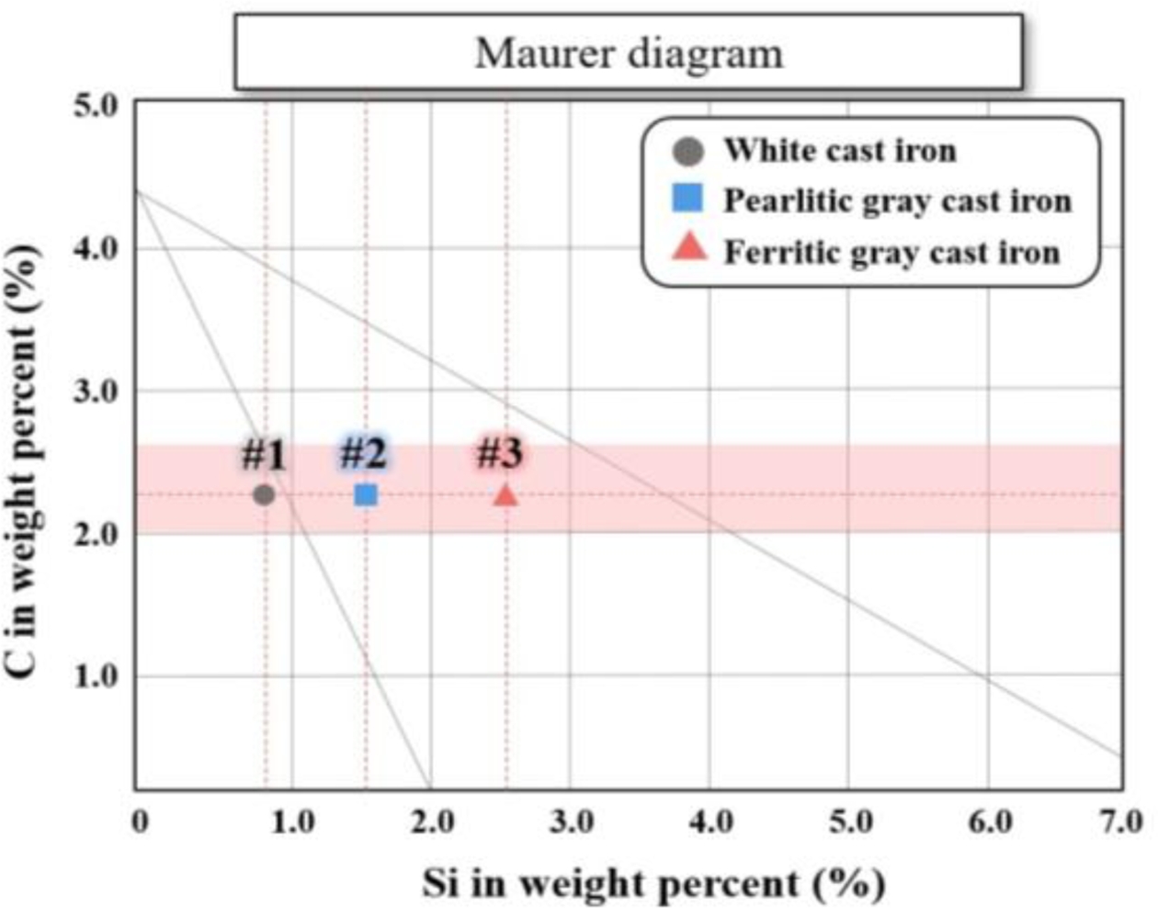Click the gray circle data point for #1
point(264,494)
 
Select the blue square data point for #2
point(366,494)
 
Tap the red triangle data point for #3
point(505,495)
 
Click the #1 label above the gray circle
point(264,455)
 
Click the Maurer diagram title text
point(630,53)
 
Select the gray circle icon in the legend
point(687,151)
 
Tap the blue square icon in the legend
point(687,199)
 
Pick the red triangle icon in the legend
point(689,248)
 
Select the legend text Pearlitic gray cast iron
point(897,201)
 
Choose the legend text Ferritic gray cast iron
point(891,252)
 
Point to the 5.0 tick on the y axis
point(95,106)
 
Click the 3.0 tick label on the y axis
point(95,392)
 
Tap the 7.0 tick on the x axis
point(1122,821)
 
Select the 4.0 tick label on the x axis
point(710,821)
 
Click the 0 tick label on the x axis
point(139,821)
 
